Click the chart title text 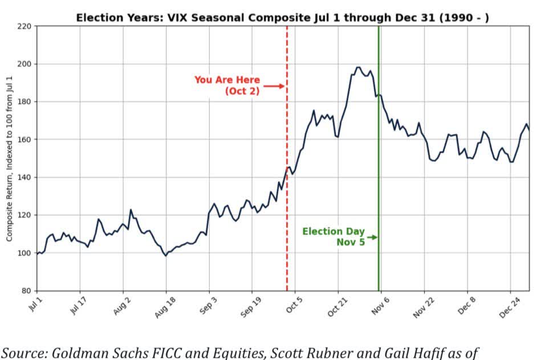point(282,18)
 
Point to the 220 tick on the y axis point(26,26)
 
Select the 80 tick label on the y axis point(27,291)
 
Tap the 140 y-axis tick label point(26,177)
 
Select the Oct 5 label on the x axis point(292,302)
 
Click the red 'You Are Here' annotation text point(227,80)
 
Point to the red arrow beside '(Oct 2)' point(274,86)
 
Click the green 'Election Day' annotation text point(333,232)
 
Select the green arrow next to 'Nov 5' point(372,237)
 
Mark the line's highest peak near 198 point(358,67)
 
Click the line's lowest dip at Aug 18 point(165,256)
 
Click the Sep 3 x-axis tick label point(207,302)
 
